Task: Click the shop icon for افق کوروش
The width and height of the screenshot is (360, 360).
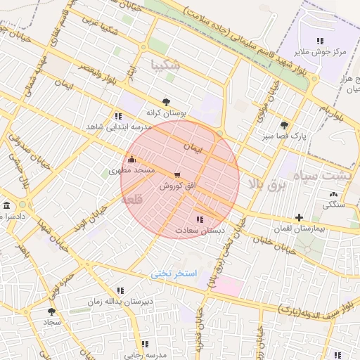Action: point(176,175)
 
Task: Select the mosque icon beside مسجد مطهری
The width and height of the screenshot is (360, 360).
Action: point(131,159)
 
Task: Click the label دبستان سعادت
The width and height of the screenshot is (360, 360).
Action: point(200,230)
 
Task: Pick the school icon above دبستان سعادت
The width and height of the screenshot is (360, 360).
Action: point(200,219)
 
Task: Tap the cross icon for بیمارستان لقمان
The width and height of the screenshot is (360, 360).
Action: point(300,217)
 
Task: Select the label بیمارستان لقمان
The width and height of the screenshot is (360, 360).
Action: point(300,229)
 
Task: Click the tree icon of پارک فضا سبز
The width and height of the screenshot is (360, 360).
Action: point(283,124)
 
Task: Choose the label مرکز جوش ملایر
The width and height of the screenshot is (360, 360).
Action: point(320,52)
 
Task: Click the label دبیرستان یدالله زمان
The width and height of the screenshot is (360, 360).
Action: point(120,302)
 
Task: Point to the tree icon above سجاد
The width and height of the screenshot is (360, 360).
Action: point(51,310)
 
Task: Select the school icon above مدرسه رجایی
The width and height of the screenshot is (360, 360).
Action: point(145,344)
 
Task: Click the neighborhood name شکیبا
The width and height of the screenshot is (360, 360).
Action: point(165,65)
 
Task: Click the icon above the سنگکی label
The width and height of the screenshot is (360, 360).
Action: point(333,194)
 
